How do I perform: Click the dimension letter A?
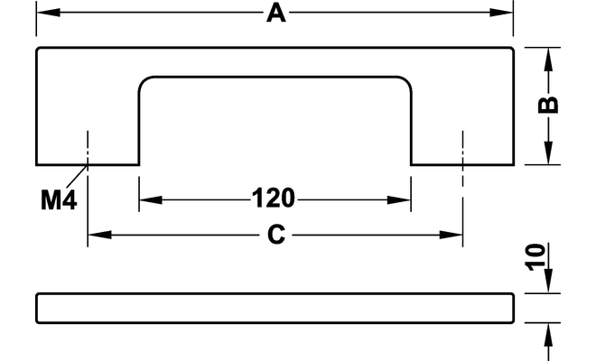point(276,14)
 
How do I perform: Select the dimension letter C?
point(276,235)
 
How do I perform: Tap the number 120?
point(274,198)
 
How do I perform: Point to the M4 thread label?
point(59,199)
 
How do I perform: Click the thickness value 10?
point(535,257)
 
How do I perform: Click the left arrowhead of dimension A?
point(48,12)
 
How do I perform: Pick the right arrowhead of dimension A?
point(501,12)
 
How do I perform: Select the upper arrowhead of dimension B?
point(548,60)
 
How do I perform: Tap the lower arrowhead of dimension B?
point(548,153)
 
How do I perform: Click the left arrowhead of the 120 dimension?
point(151,199)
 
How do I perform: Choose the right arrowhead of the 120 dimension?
point(399,199)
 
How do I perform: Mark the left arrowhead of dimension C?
point(99,235)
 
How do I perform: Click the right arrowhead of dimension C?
point(451,235)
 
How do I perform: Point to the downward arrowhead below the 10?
point(548,281)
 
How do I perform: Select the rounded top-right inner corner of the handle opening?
point(405,82)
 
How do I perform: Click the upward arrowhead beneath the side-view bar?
point(548,335)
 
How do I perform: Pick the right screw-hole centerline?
point(462,189)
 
